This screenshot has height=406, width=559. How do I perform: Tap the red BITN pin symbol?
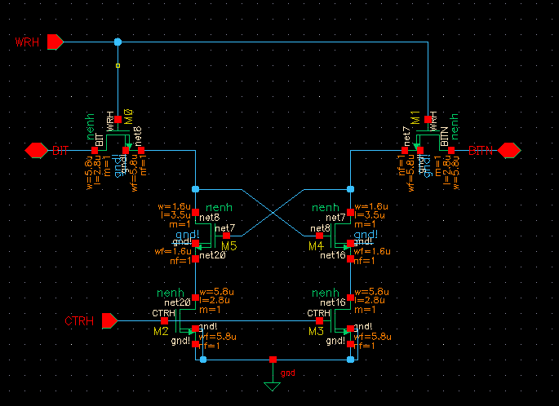click(509, 151)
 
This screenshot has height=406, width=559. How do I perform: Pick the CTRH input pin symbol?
click(109, 321)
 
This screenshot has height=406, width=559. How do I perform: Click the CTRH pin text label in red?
click(79, 321)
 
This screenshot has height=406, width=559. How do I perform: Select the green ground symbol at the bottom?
click(273, 382)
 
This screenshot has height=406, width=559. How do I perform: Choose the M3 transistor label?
click(317, 333)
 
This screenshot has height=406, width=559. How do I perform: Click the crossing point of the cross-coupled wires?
click(273, 212)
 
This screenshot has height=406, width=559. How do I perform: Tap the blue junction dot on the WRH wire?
click(118, 42)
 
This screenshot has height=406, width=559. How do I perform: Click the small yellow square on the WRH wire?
click(118, 64)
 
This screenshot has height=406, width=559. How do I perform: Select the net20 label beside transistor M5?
click(212, 255)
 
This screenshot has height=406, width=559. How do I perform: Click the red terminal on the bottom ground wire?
click(273, 359)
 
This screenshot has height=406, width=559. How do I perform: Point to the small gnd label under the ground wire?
click(287, 373)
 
